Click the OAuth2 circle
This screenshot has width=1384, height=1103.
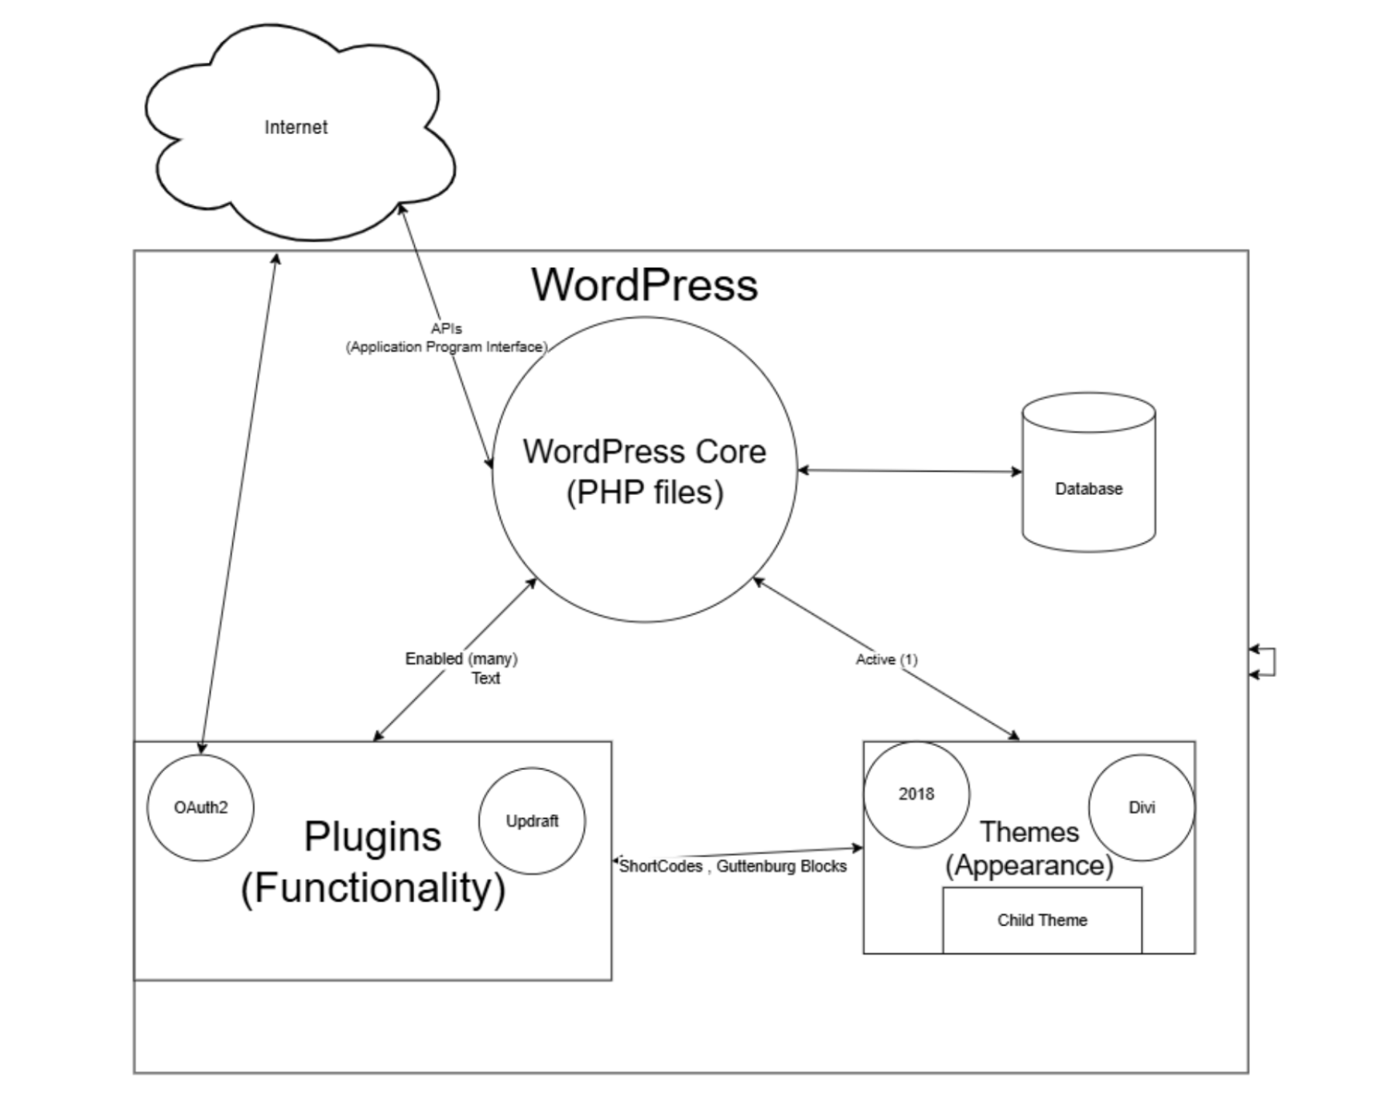(200, 808)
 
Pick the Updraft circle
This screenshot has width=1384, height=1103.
(532, 821)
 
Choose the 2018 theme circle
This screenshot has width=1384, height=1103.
(916, 794)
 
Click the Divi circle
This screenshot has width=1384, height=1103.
(1142, 808)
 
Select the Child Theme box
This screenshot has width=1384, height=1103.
(1042, 920)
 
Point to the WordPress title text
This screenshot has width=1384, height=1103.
(644, 284)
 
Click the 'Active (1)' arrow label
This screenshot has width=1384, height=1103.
(886, 659)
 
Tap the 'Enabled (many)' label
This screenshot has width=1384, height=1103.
(461, 658)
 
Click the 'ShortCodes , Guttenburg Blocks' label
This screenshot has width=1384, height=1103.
(732, 866)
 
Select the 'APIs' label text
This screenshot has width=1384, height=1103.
(447, 329)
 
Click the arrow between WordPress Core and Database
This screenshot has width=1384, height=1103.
(910, 470)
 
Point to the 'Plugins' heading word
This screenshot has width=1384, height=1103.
(372, 837)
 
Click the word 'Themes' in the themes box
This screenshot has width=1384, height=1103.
(1029, 832)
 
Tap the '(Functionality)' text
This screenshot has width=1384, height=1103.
(372, 888)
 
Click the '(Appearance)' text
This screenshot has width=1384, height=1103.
(1029, 865)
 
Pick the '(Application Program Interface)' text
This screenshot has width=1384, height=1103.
(447, 347)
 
